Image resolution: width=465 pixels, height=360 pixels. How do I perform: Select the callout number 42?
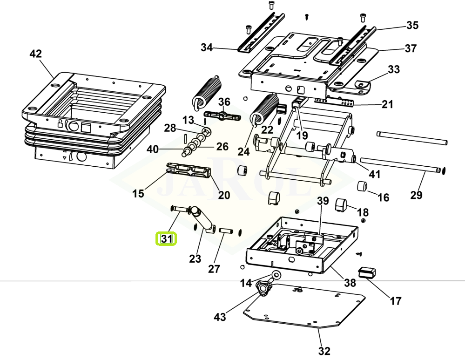point(35,54)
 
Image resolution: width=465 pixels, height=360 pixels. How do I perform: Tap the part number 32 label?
point(324,351)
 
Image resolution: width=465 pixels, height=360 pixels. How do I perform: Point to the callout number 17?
point(395,301)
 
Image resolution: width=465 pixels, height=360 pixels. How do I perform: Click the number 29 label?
point(416,195)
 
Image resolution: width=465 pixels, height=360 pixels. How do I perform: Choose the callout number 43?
point(220,317)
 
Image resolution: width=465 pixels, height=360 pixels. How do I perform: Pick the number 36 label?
point(224,102)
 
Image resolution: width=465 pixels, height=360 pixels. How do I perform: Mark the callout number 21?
point(387,104)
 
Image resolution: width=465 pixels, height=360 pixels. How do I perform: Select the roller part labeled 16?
point(362,187)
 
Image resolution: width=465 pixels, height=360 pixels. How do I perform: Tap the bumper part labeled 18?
point(342,204)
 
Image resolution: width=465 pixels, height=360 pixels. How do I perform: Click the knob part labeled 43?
point(263,289)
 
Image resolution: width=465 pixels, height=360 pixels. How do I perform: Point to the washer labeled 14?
point(275,274)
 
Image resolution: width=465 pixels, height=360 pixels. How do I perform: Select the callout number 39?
point(323,202)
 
